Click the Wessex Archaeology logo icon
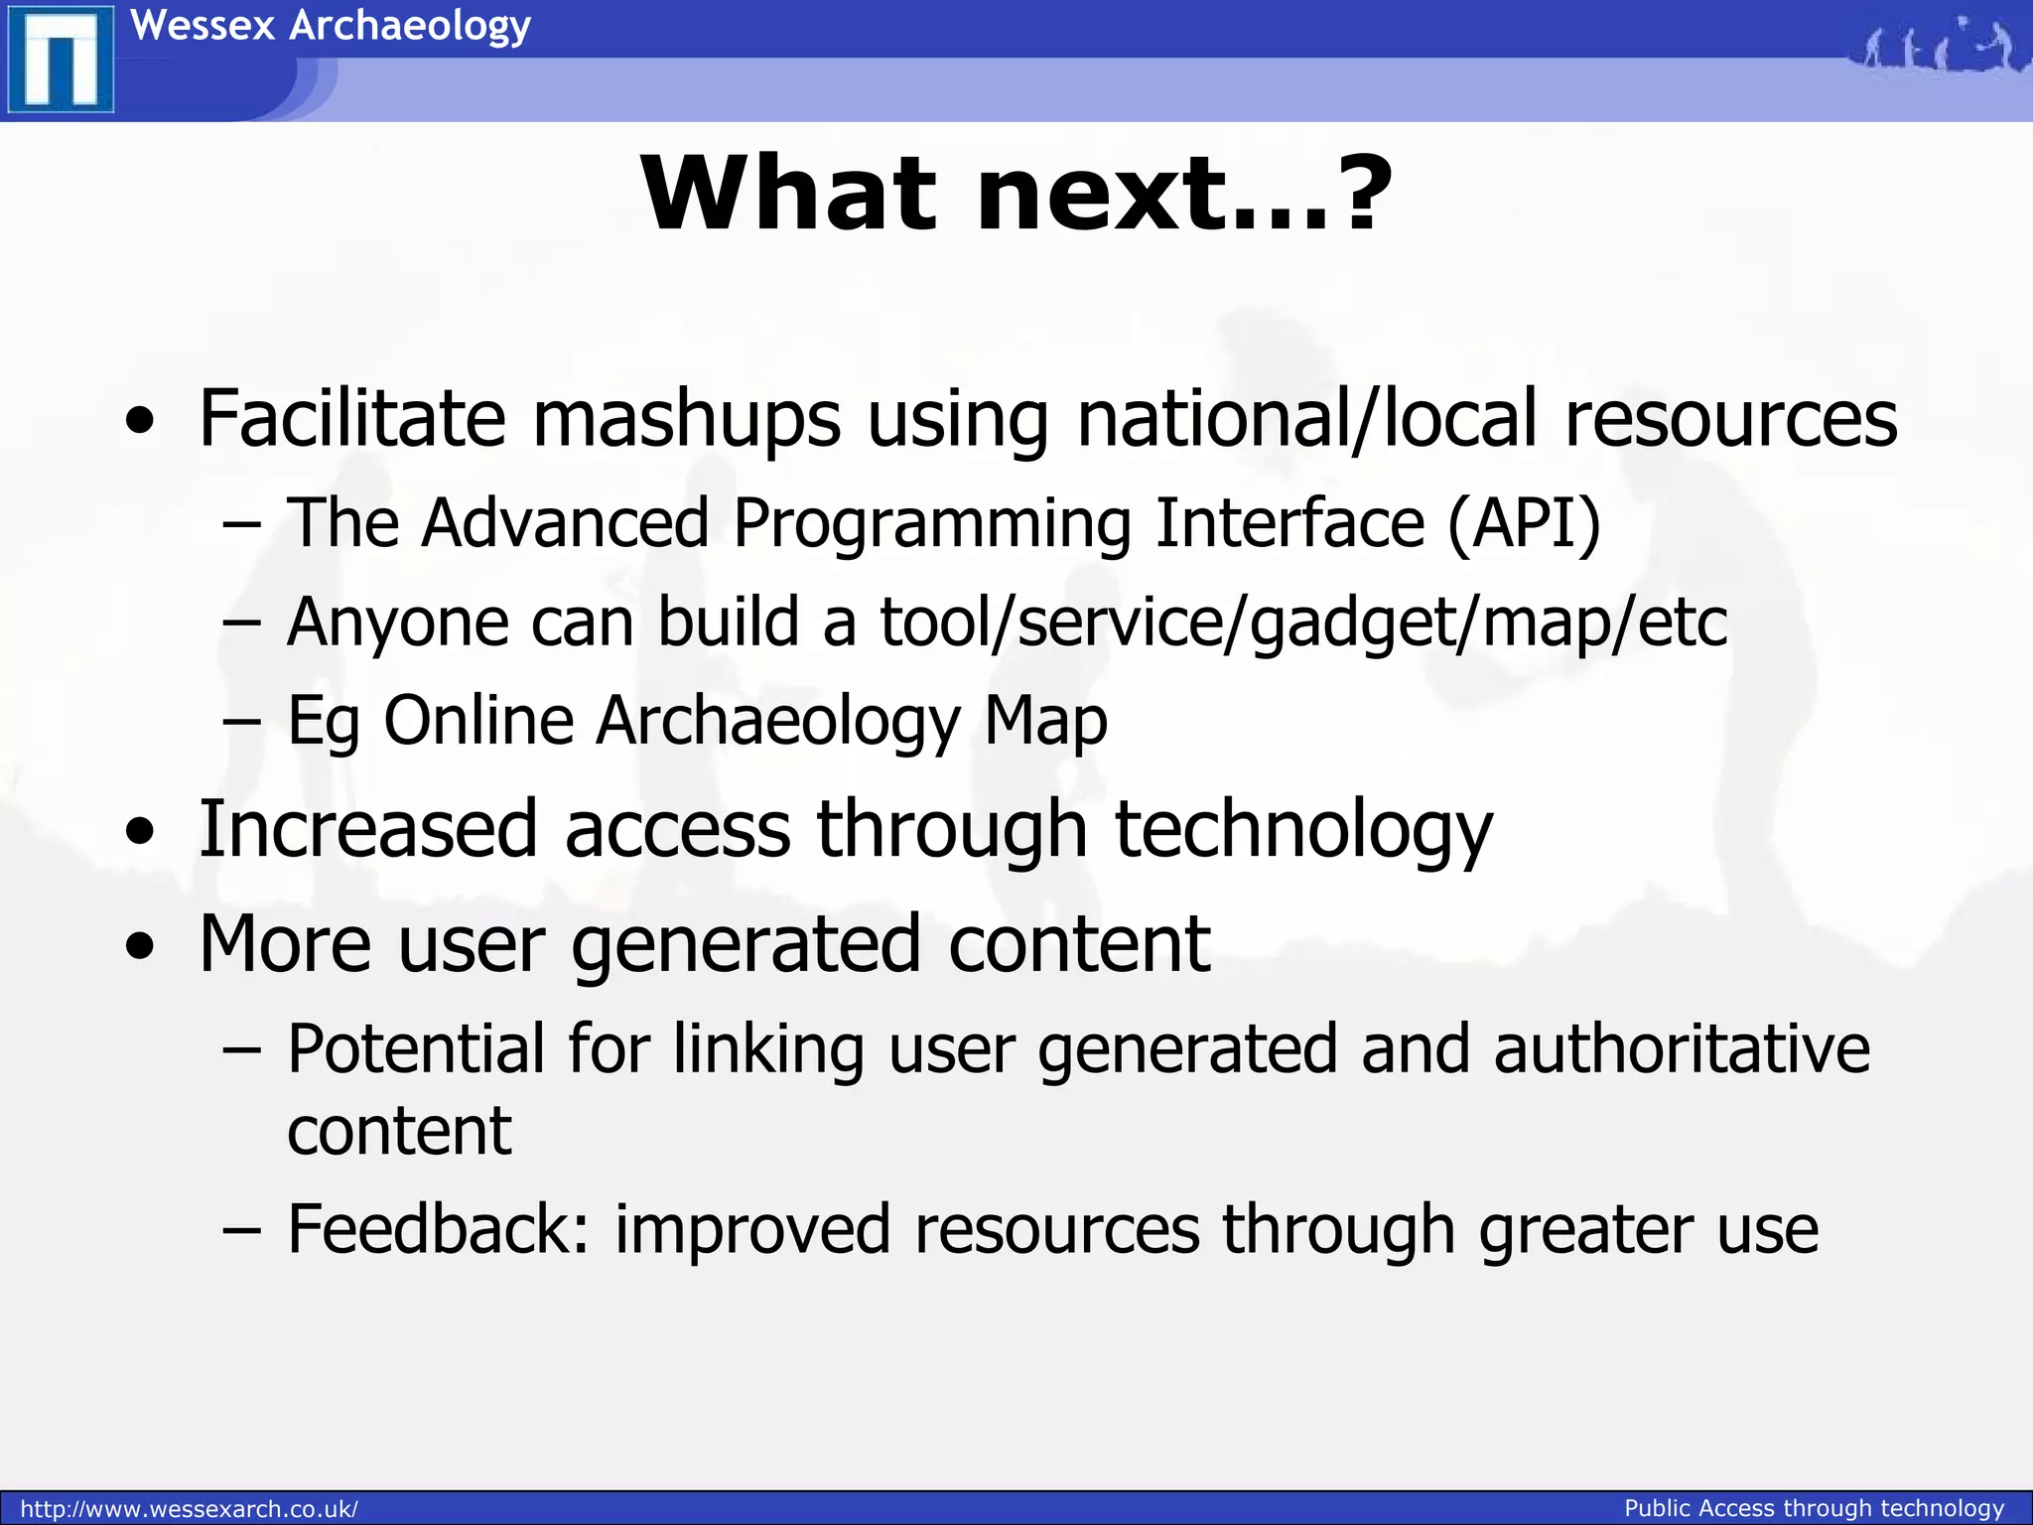[60, 60]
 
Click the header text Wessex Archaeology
[331, 25]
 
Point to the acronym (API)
[1524, 522]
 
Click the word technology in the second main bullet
[1303, 830]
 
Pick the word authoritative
[1682, 1049]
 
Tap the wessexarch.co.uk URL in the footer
[189, 1509]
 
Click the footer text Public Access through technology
[1814, 1508]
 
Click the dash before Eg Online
[242, 723]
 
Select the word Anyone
[397, 624]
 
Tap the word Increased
[368, 830]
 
